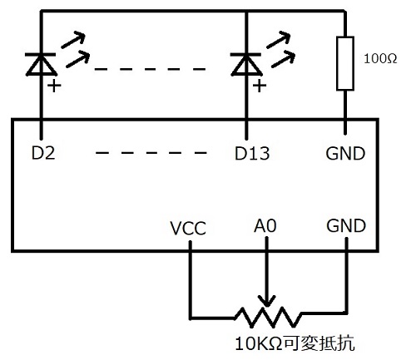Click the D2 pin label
coord(43,153)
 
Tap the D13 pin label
coord(252,153)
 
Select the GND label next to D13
coord(345,153)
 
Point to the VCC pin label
coord(188,229)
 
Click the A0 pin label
coord(265,225)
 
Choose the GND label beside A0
coord(346,225)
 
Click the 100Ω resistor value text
coord(380,59)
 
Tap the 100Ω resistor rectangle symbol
coord(345,63)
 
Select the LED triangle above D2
coord(41,64)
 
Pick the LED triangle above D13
coord(246,64)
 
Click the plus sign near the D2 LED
coord(54,86)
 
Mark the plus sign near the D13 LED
coord(260,86)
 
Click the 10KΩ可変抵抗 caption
coord(295,343)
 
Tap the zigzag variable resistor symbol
coord(268,318)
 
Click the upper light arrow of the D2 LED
coord(73,40)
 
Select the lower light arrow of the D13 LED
coord(283,59)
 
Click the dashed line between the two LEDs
coord(150,69)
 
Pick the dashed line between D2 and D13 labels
coord(151,153)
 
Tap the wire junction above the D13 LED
coord(246,12)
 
